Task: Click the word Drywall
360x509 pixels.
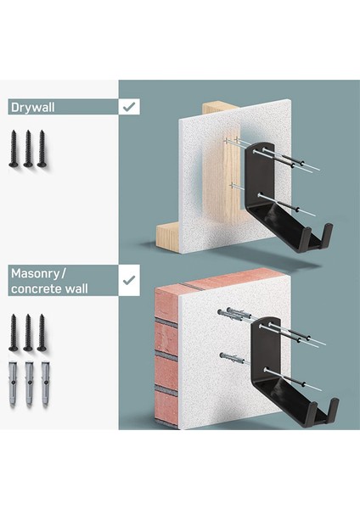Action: [32, 107]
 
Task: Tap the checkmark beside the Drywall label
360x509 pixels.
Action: [129, 107]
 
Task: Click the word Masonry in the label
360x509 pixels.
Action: [36, 274]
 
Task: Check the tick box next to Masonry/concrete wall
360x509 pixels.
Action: [129, 280]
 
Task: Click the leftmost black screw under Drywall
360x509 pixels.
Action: [14, 148]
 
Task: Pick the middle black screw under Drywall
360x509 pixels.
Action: [28, 148]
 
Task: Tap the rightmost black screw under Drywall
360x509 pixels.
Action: [42, 148]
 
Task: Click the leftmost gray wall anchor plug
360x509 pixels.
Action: [13, 383]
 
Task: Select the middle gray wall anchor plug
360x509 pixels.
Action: [29, 383]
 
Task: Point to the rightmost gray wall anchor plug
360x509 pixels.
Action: [45, 383]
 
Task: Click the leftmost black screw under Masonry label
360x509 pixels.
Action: [14, 333]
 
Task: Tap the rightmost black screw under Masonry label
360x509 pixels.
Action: [42, 333]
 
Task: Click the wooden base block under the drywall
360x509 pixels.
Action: [167, 238]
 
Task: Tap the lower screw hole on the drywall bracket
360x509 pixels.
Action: [260, 195]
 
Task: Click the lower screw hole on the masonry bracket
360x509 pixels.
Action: [266, 369]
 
